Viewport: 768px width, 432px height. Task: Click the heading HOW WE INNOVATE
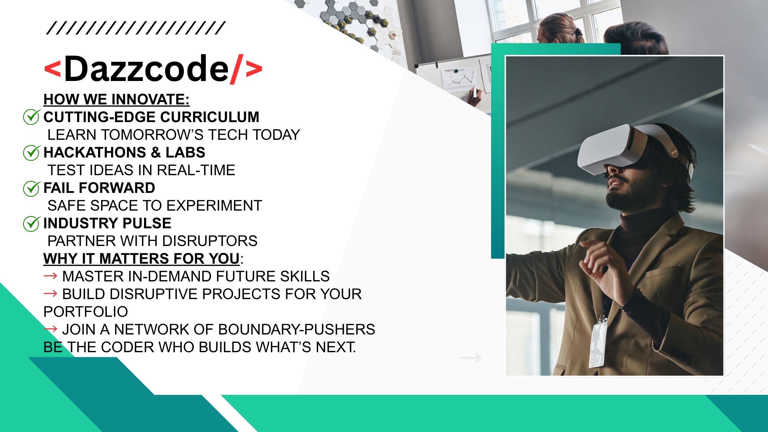[116, 99]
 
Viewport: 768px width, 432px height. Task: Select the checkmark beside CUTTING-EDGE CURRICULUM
[31, 117]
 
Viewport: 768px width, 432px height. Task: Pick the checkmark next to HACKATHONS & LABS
[31, 152]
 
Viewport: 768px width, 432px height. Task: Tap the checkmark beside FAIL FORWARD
[31, 188]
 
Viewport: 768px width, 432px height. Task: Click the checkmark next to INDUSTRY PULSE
[31, 223]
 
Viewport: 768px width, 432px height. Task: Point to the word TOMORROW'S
[154, 134]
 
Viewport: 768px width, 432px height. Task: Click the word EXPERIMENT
[214, 205]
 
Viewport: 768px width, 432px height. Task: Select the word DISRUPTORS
[210, 241]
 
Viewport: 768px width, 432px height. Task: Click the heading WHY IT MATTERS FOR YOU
[142, 259]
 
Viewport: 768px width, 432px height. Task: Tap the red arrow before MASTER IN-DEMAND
[50, 275]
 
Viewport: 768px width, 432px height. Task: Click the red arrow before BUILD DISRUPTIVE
[50, 293]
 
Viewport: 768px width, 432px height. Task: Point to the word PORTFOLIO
[86, 312]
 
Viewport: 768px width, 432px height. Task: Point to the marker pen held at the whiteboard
[475, 94]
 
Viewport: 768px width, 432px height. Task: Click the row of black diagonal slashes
[136, 28]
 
